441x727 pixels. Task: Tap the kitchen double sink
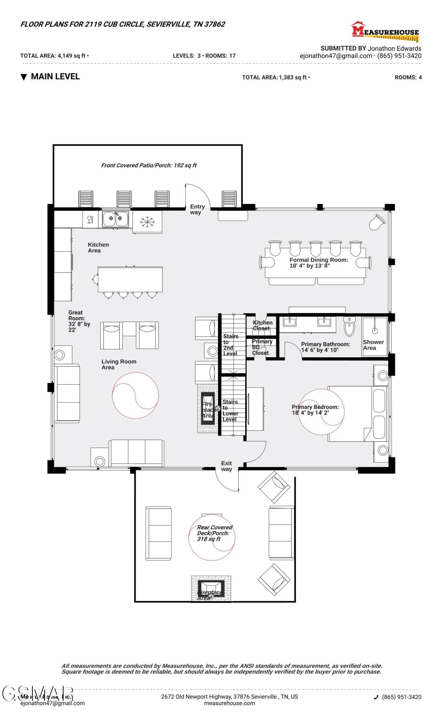[115, 219]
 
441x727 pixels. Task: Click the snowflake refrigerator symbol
[147, 222]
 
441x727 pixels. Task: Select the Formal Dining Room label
[318, 262]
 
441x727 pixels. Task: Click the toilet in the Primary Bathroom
[349, 326]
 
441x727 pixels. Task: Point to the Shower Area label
[373, 345]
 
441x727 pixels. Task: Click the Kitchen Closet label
[262, 325]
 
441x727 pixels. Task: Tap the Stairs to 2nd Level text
[230, 345]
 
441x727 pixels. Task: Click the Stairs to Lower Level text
[230, 410]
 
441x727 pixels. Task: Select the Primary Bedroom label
[315, 410]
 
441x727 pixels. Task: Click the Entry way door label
[197, 209]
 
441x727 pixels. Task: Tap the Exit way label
[226, 466]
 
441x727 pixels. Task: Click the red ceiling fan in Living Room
[135, 395]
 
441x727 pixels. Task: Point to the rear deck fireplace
[211, 588]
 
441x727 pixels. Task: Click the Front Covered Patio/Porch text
[149, 165]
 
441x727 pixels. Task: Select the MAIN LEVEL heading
[55, 76]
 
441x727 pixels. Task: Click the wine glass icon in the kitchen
[90, 220]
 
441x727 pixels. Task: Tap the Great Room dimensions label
[79, 321]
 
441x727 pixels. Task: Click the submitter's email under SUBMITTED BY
[336, 56]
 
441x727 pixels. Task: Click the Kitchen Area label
[98, 248]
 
